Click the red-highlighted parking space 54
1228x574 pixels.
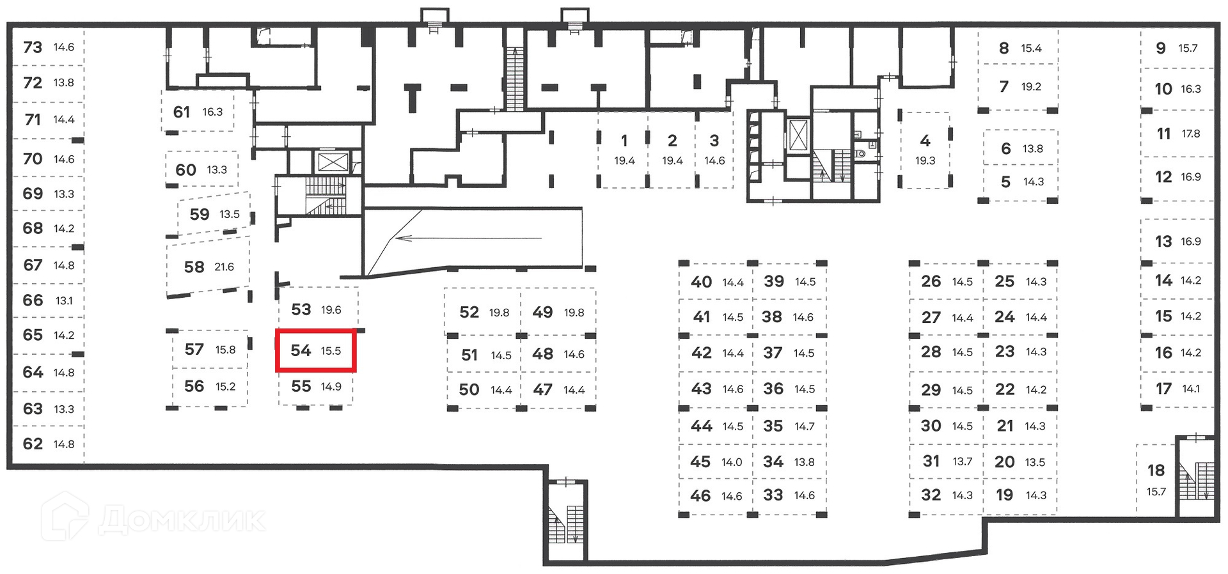click(315, 350)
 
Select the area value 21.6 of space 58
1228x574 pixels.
click(224, 267)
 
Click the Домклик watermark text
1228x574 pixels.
click(182, 520)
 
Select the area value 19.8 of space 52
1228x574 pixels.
click(500, 313)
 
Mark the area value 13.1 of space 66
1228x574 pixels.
click(64, 300)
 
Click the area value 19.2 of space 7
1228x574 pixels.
click(1031, 87)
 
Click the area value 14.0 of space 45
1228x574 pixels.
click(732, 462)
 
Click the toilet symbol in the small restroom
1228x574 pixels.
click(861, 153)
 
